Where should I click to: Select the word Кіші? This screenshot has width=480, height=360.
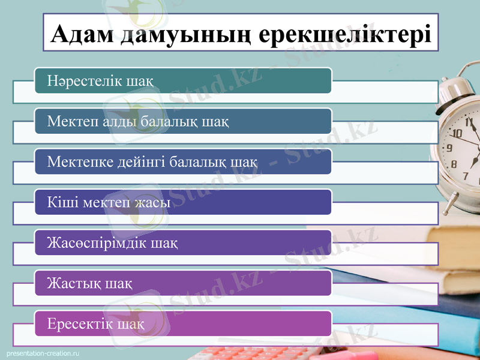click(x=61, y=202)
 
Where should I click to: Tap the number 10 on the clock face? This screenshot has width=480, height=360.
click(x=457, y=134)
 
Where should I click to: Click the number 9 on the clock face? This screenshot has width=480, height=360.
click(x=449, y=148)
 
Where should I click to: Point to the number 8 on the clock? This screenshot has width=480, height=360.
click(x=454, y=164)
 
